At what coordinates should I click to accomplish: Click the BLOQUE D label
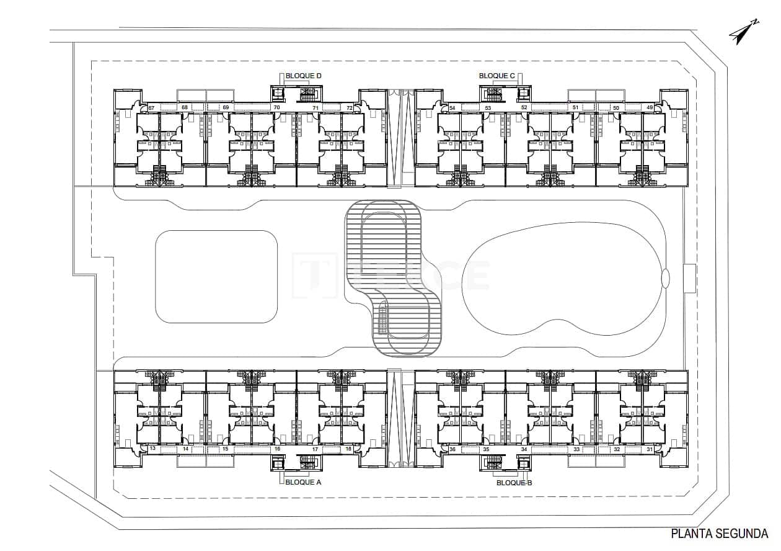point(303,76)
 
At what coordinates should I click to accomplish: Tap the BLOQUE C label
point(497,76)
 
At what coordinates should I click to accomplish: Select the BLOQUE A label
point(303,482)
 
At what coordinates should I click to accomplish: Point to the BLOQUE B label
point(514,482)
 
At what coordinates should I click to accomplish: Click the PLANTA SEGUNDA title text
point(720,533)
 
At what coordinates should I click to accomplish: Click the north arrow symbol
point(743,32)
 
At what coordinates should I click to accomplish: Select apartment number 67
point(151,108)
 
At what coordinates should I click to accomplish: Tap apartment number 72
point(350,108)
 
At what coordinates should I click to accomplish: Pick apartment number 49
point(650,108)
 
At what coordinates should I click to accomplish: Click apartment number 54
point(452,108)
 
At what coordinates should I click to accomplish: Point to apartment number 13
point(152,449)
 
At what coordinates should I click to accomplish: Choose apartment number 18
point(348,449)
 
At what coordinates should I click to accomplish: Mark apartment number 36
point(452,449)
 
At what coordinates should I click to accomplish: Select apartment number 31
point(650,449)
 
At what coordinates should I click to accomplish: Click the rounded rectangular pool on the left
point(216,276)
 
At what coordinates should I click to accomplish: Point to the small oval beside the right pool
point(666,278)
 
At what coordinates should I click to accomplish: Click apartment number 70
point(276,108)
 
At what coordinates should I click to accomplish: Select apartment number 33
point(576,449)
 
